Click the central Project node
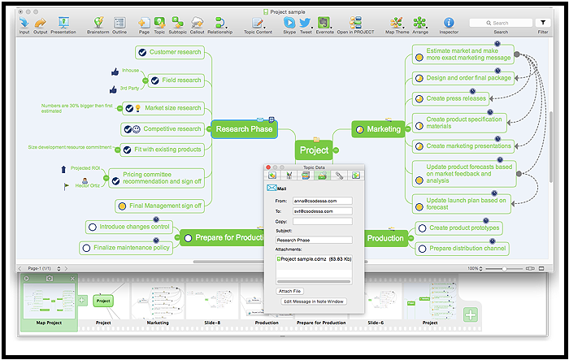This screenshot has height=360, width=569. coord(314,150)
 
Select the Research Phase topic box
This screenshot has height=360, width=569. coord(244,128)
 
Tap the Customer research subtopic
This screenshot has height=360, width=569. coord(175,52)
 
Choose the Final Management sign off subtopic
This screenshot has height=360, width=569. coord(165,206)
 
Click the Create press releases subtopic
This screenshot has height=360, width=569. coord(457,99)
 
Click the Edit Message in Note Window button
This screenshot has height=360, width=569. coord(314,301)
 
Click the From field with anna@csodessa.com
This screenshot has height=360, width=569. coord(323,200)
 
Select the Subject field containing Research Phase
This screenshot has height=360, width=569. coord(314,240)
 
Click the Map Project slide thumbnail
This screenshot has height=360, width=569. coord(49,301)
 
